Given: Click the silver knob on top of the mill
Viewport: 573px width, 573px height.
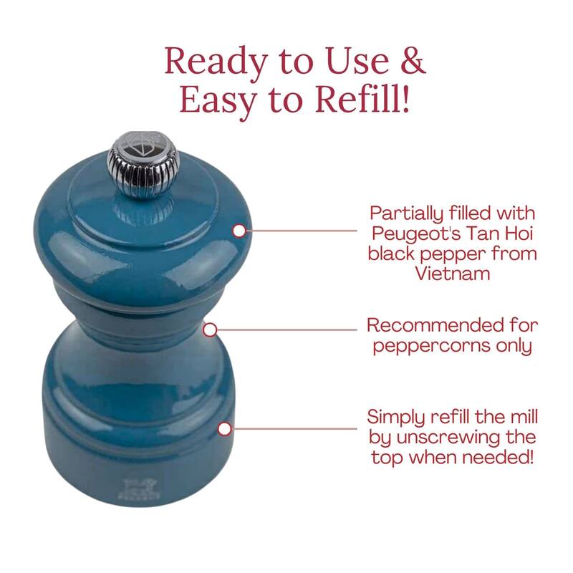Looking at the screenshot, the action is click(x=143, y=165).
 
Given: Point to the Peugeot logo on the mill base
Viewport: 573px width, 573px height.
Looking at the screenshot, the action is click(x=139, y=490).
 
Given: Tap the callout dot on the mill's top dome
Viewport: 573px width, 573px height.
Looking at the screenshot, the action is click(x=239, y=231).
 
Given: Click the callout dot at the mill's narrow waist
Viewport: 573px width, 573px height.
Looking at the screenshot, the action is click(x=210, y=330).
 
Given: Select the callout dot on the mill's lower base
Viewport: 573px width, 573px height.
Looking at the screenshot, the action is click(x=225, y=429).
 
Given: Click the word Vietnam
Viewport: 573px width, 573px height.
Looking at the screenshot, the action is click(x=453, y=274).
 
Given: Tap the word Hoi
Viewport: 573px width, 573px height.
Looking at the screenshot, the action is click(x=519, y=233).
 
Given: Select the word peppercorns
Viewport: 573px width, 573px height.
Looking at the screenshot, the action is click(x=431, y=347).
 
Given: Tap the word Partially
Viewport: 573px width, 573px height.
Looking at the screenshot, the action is click(x=406, y=214).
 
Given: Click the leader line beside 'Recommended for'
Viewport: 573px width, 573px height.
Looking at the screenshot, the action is click(x=287, y=329).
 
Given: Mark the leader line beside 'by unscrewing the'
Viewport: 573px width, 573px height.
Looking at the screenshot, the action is click(x=294, y=428).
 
